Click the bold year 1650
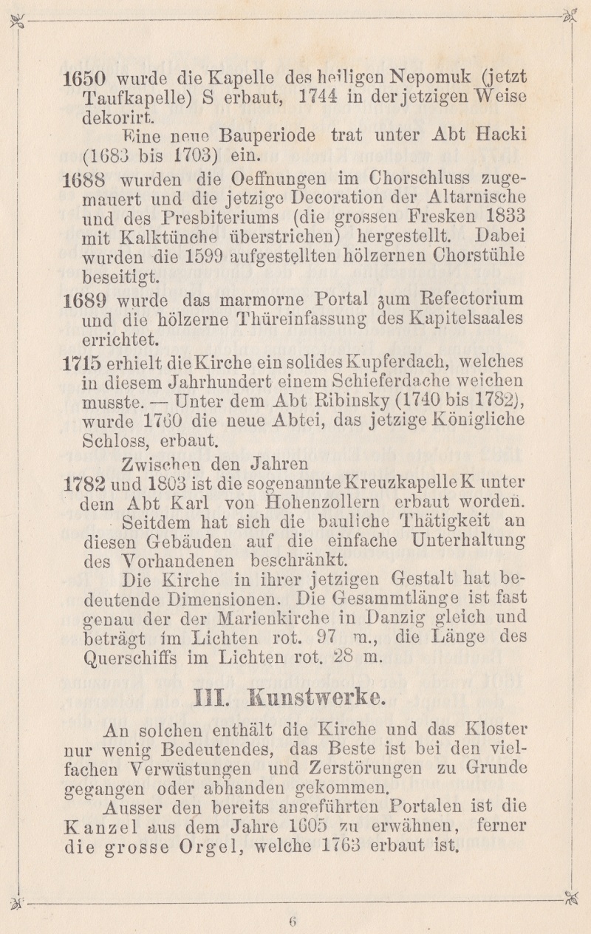86,78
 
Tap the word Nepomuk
431,77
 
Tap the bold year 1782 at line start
86,483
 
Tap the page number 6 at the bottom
293,920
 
